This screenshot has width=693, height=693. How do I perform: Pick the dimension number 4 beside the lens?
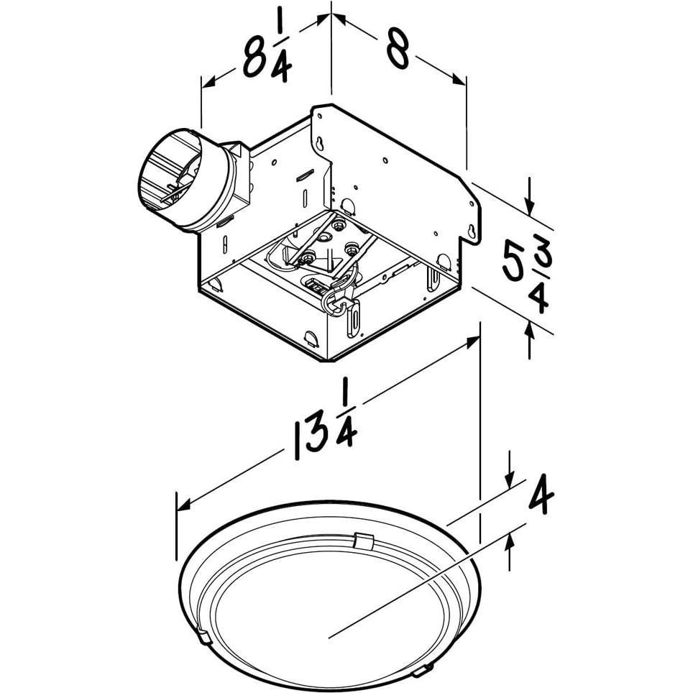click(x=541, y=497)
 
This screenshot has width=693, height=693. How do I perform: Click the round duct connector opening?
click(x=170, y=179)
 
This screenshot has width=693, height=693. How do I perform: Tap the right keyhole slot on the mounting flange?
click(x=472, y=231)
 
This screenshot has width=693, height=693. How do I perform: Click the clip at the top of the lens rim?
click(x=365, y=541)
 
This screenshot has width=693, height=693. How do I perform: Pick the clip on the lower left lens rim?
click(x=203, y=634)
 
